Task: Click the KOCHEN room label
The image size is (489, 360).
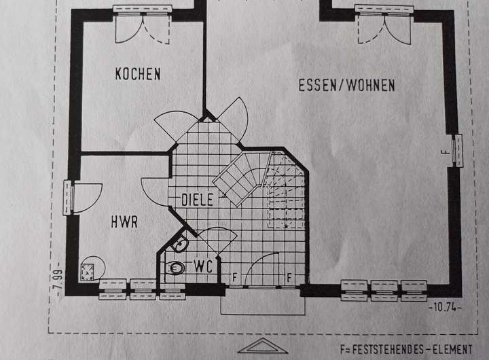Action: tap(138, 73)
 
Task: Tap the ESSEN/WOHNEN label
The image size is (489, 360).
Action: tap(346, 85)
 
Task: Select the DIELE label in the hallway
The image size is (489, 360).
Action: tap(197, 200)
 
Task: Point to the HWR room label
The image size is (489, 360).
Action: tap(124, 221)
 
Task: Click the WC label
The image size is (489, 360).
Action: tap(204, 266)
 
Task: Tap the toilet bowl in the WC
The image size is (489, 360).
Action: tap(175, 268)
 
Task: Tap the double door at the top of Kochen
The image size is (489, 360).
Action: tap(141, 25)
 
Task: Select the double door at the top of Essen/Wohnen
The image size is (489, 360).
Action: tap(383, 25)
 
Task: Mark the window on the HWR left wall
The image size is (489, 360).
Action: tap(67, 198)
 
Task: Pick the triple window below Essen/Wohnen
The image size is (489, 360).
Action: tap(385, 290)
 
